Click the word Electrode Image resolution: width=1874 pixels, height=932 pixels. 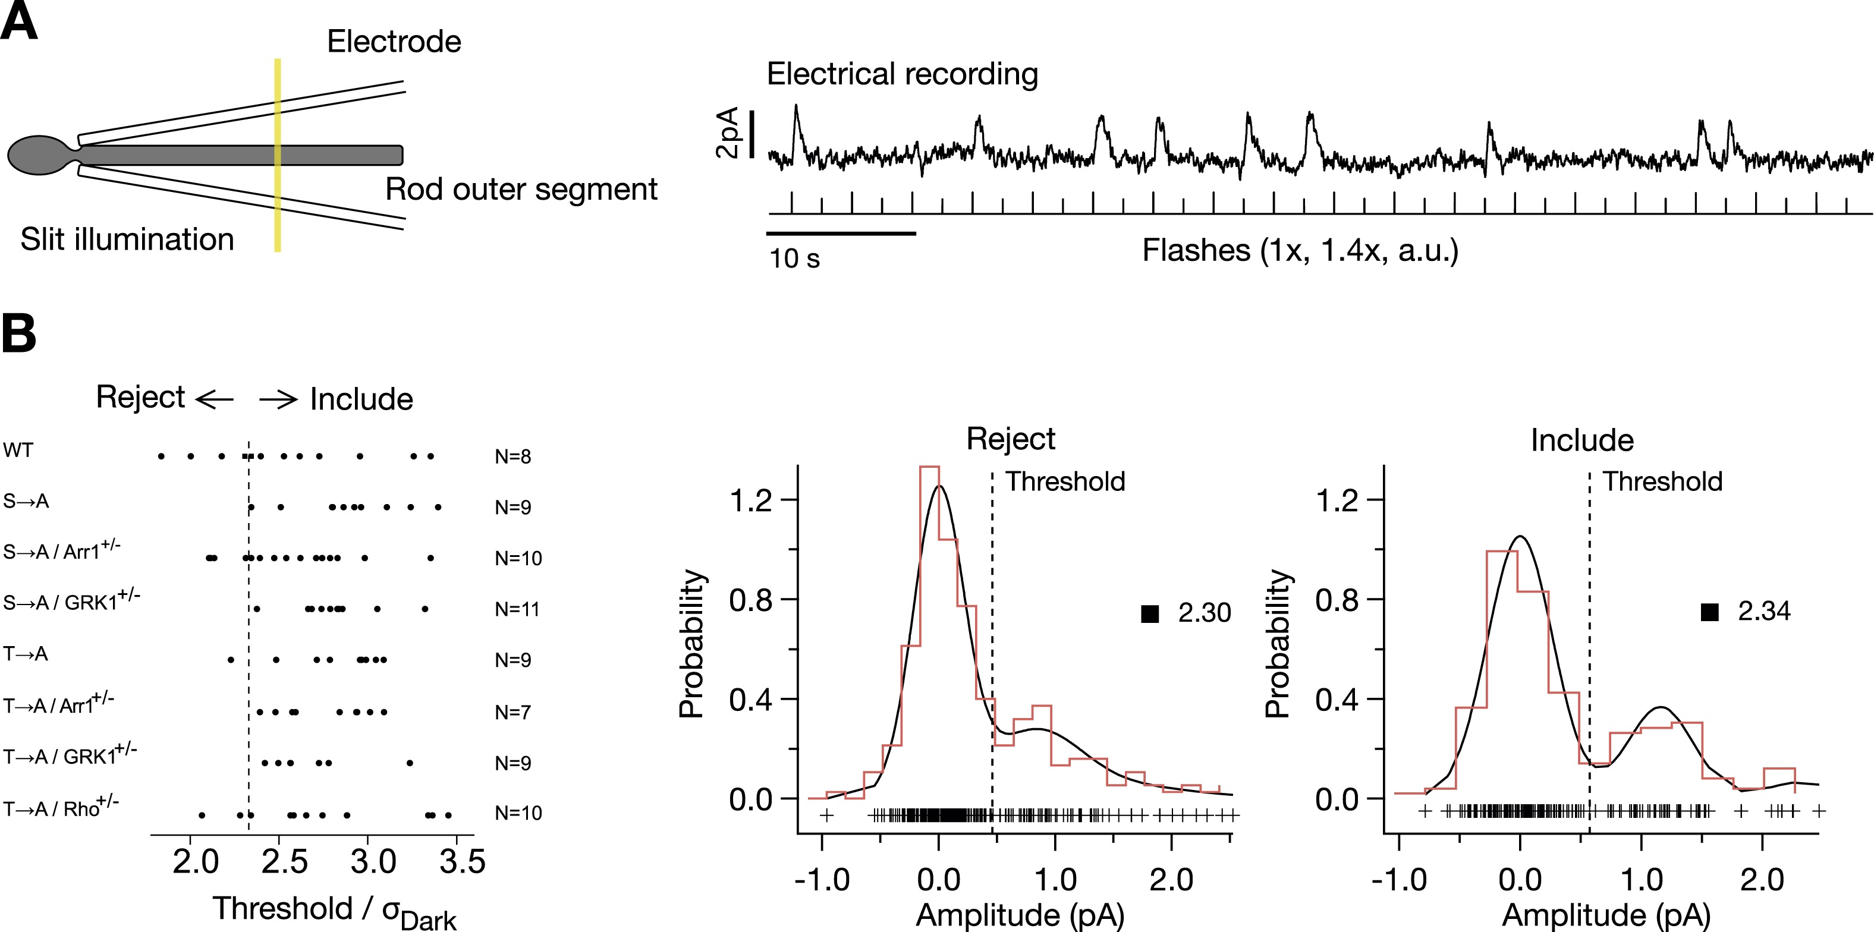tap(394, 42)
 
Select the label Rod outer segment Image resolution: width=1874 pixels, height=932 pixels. tap(521, 189)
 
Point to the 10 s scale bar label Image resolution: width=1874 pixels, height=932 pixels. tap(794, 259)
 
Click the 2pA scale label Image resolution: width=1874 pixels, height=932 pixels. tap(728, 133)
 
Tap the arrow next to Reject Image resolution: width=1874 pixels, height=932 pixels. tap(215, 399)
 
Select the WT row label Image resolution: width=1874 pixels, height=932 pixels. tap(18, 451)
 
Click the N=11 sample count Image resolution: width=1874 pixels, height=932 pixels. tap(517, 609)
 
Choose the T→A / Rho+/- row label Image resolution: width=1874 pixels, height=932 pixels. tap(61, 808)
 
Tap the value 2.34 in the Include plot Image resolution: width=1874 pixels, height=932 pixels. tap(1764, 611)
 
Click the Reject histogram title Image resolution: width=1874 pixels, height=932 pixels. tap(1011, 439)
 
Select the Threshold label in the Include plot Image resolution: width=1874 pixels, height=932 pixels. tap(1662, 481)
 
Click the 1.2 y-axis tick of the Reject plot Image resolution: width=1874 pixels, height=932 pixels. tap(751, 500)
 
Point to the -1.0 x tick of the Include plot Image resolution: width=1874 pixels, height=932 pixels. tap(1398, 880)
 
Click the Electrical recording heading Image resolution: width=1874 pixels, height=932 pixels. tap(902, 74)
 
